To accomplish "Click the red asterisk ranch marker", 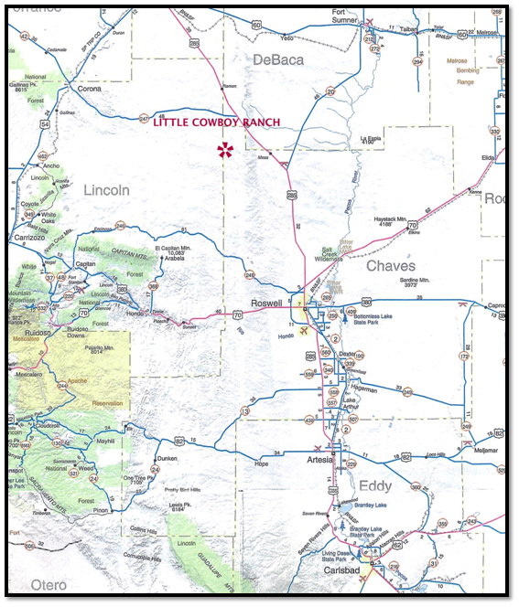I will pos(222,150).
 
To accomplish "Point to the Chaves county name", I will pos(391,266).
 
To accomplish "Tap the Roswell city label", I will pos(270,305).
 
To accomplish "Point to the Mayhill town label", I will pos(107,442).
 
